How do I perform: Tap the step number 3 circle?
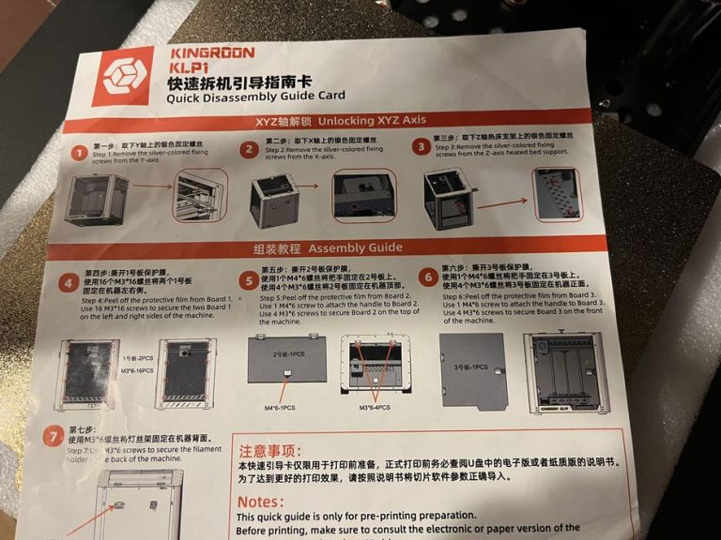pos(420,146)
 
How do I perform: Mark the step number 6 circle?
pos(427,277)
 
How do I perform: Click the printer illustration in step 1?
pos(96,198)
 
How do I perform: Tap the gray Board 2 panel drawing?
pos(286,361)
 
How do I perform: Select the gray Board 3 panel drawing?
pos(473,367)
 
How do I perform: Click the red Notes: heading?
pos(261,501)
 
